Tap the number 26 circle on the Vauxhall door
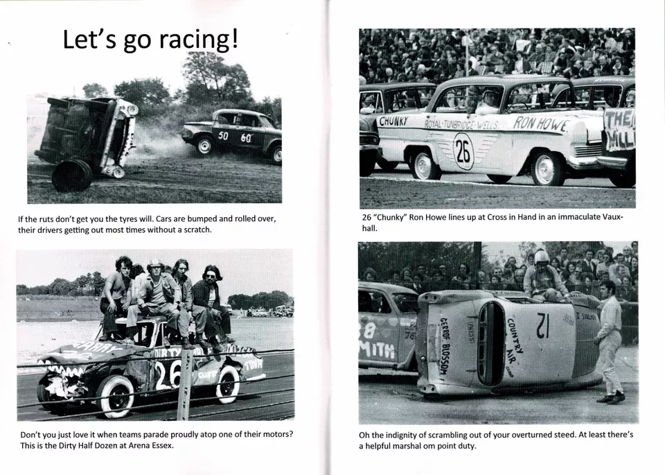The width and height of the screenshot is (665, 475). pyautogui.click(x=463, y=151)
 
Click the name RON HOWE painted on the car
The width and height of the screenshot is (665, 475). pyautogui.click(x=540, y=125)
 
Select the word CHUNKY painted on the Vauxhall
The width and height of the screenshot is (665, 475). pyautogui.click(x=393, y=121)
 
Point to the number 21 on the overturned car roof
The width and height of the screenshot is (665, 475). pyautogui.click(x=542, y=325)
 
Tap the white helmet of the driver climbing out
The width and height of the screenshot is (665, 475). pyautogui.click(x=541, y=257)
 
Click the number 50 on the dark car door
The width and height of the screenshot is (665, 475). pyautogui.click(x=223, y=136)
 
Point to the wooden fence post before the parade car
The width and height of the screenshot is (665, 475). pyautogui.click(x=184, y=395)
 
